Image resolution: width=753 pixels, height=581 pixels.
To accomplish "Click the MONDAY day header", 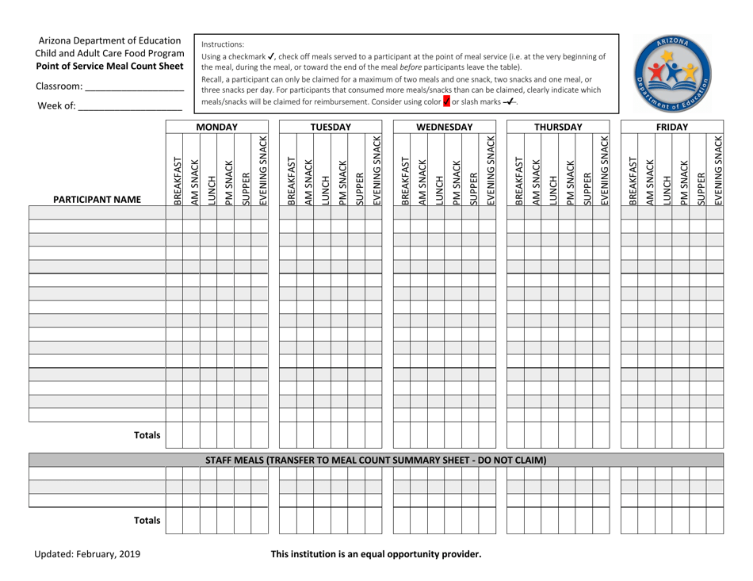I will click(x=216, y=127).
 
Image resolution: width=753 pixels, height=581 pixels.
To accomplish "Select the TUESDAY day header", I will click(x=331, y=127).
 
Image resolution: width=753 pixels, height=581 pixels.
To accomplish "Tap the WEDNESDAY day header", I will click(x=444, y=127).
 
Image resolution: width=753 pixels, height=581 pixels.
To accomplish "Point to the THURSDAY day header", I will click(x=558, y=127).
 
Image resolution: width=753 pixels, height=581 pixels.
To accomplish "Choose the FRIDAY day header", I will click(x=672, y=127).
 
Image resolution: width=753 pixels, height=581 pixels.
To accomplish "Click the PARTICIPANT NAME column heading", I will click(x=97, y=200).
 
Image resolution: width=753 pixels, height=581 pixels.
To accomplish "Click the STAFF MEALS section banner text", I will click(x=376, y=460).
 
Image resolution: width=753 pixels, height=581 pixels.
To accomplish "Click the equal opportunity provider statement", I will click(x=376, y=554).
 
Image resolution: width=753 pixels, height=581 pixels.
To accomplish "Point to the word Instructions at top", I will click(x=224, y=44).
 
